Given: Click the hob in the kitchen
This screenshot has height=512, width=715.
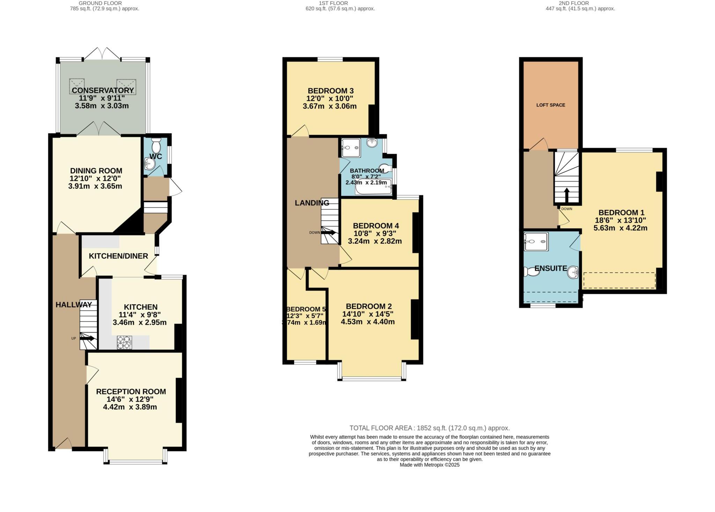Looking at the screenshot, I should click(125, 342).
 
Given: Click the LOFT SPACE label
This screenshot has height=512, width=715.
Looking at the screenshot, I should click(551, 105).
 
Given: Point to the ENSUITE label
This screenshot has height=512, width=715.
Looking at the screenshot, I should click(551, 268).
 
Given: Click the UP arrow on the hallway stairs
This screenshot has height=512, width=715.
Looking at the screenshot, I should click(88, 338).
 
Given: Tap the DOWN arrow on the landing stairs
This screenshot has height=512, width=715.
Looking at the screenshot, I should click(329, 232).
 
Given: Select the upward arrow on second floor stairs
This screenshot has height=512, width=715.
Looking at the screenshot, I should click(566, 195).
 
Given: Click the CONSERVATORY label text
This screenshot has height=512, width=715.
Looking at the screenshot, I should click(103, 90).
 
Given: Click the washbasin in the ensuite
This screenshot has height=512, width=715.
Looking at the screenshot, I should click(573, 272).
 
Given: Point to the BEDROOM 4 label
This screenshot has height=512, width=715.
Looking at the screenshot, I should click(376, 226).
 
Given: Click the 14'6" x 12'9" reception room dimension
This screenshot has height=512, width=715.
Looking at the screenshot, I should click(130, 399).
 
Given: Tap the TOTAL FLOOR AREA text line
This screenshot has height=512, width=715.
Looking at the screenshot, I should click(429, 428).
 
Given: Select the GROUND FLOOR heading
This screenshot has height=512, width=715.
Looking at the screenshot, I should click(100, 3).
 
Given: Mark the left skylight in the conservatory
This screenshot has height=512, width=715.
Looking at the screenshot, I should click(77, 85).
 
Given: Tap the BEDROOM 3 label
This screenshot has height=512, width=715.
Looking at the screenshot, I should click(331, 91).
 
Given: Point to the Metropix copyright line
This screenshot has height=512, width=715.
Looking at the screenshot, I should click(429, 465).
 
